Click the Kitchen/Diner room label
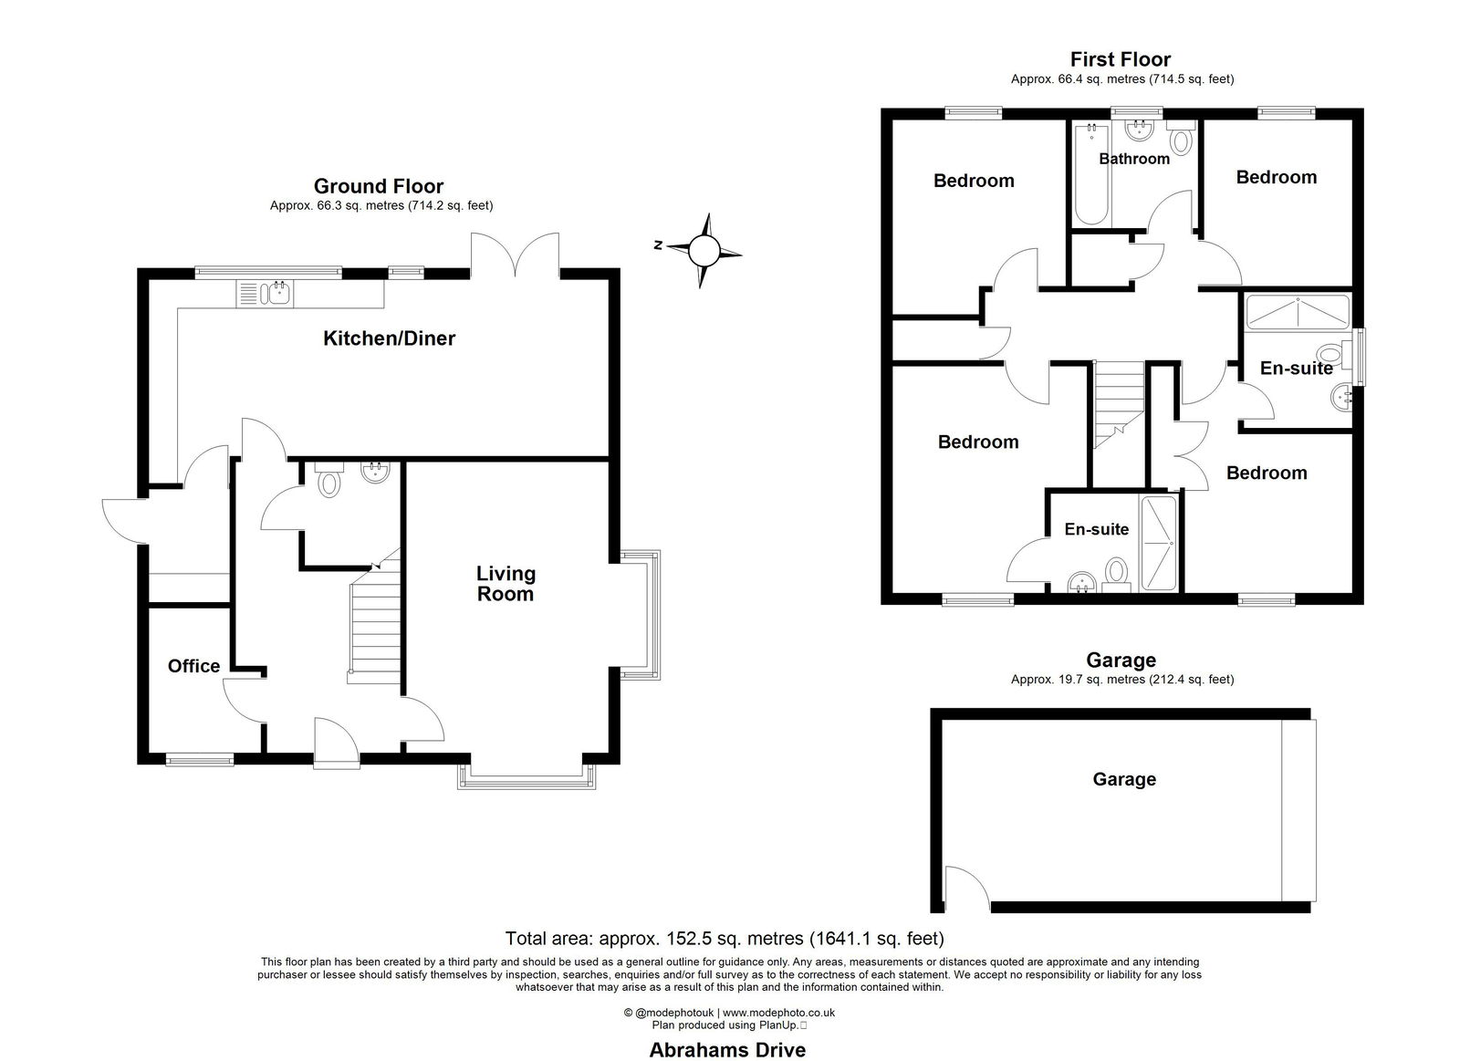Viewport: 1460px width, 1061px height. [x=389, y=338]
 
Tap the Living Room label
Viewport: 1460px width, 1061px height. [x=506, y=583]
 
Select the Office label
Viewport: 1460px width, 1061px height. [x=193, y=666]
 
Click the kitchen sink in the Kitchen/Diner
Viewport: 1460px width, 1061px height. [x=265, y=293]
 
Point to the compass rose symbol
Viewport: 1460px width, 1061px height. [x=704, y=250]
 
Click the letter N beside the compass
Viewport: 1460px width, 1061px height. [x=658, y=245]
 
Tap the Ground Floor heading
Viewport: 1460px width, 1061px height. [x=379, y=186]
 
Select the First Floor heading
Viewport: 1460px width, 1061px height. [x=1121, y=60]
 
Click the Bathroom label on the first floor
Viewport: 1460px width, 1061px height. [x=1134, y=159]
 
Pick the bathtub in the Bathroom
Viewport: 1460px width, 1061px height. [x=1091, y=174]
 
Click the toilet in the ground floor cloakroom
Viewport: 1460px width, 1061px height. [x=329, y=480]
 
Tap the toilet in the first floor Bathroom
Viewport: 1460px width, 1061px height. [x=1181, y=136]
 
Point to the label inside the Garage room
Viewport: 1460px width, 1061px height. [x=1124, y=779]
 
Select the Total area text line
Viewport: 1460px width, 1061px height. [x=725, y=939]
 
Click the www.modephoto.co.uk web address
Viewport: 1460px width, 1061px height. [x=778, y=1013]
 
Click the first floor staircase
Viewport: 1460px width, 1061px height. [x=1119, y=405]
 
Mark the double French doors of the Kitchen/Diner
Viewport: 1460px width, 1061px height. [x=515, y=255]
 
